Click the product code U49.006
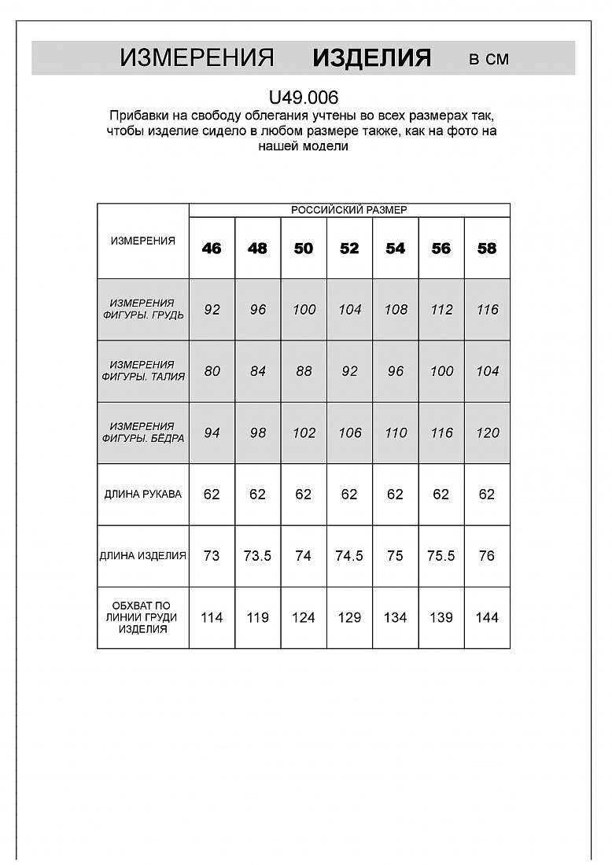(304, 98)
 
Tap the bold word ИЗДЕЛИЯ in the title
(371, 58)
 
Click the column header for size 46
(212, 248)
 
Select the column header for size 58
(487, 248)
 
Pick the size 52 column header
(349, 248)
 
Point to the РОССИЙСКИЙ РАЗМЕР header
(349, 210)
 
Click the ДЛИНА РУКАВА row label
(143, 495)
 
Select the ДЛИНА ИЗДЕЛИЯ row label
(143, 556)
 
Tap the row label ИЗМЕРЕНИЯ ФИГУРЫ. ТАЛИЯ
(143, 371)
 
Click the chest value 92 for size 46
(212, 310)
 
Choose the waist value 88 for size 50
(304, 371)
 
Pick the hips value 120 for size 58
(487, 432)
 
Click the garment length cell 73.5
(257, 556)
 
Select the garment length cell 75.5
(441, 556)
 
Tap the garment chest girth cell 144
(487, 618)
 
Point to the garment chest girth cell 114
(212, 618)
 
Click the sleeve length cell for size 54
(395, 495)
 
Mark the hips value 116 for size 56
(441, 432)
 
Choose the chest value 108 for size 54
(395, 310)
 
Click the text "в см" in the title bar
(488, 59)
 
